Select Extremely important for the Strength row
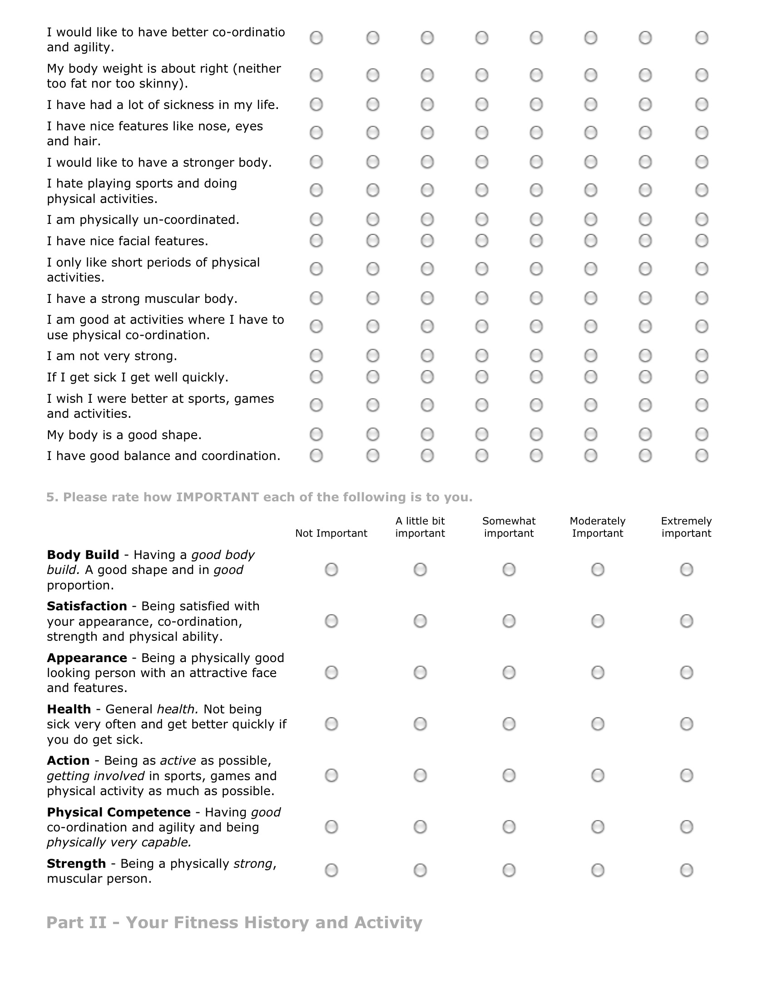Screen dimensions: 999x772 (x=686, y=870)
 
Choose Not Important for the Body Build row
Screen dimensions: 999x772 (x=331, y=569)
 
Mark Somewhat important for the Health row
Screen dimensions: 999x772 (x=509, y=724)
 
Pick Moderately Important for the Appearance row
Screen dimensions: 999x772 (x=597, y=673)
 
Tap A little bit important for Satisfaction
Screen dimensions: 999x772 (x=420, y=621)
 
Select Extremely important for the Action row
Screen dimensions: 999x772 (x=686, y=775)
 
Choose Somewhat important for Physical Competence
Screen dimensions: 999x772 (x=509, y=826)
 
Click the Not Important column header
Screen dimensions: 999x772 (x=331, y=534)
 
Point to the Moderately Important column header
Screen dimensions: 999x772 (x=597, y=527)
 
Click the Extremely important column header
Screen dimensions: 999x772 (x=686, y=527)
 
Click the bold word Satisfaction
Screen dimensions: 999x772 (x=87, y=606)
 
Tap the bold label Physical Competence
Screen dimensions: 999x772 (x=119, y=812)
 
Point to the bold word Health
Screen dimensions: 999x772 (x=69, y=709)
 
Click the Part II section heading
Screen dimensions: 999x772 (x=234, y=923)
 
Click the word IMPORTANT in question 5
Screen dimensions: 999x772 (x=217, y=497)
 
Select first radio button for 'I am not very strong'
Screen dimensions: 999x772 (x=316, y=356)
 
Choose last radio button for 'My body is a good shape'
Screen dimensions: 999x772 (x=702, y=434)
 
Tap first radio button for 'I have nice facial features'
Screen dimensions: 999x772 (x=316, y=241)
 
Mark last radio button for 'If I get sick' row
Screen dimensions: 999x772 (x=702, y=377)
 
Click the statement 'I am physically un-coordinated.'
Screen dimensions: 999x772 (x=143, y=220)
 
